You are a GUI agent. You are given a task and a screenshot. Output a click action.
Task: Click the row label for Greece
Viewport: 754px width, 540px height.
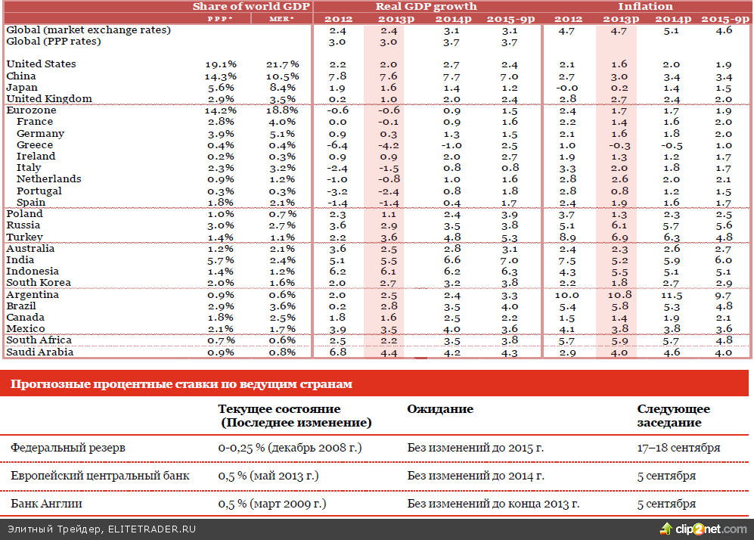[35, 144]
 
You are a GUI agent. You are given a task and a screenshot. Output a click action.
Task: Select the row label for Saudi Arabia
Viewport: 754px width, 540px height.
[39, 352]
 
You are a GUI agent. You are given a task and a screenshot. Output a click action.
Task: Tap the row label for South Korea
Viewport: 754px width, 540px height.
[38, 282]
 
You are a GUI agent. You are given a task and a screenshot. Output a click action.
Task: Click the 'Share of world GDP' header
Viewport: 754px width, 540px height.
[251, 6]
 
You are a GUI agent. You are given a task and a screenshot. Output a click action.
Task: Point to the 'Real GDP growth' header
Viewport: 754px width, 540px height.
[426, 6]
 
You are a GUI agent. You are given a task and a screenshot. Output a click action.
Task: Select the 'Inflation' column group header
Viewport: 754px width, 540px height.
[645, 6]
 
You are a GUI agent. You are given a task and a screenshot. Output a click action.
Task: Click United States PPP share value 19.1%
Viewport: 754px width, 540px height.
[220, 64]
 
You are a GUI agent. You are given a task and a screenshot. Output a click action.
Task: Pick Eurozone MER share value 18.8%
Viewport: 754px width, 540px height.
[283, 110]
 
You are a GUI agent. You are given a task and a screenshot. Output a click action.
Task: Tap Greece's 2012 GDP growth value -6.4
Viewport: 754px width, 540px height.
[337, 144]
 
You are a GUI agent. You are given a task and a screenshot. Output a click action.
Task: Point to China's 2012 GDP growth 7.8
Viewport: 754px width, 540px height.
[338, 76]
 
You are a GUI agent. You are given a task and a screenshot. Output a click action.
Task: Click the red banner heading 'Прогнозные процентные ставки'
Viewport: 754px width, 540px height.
[182, 384]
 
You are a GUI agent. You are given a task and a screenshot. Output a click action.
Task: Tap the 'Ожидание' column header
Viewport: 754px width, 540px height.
[440, 409]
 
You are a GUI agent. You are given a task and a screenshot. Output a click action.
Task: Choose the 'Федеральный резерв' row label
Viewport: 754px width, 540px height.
[67, 448]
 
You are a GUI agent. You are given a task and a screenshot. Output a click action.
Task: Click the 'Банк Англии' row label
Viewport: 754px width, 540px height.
[46, 504]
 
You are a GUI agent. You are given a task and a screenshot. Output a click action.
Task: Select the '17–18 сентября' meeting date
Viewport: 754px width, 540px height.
[678, 448]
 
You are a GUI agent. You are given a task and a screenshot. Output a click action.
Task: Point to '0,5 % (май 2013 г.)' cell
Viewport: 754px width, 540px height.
[268, 476]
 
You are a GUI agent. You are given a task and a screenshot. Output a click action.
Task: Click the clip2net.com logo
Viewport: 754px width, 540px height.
[703, 529]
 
